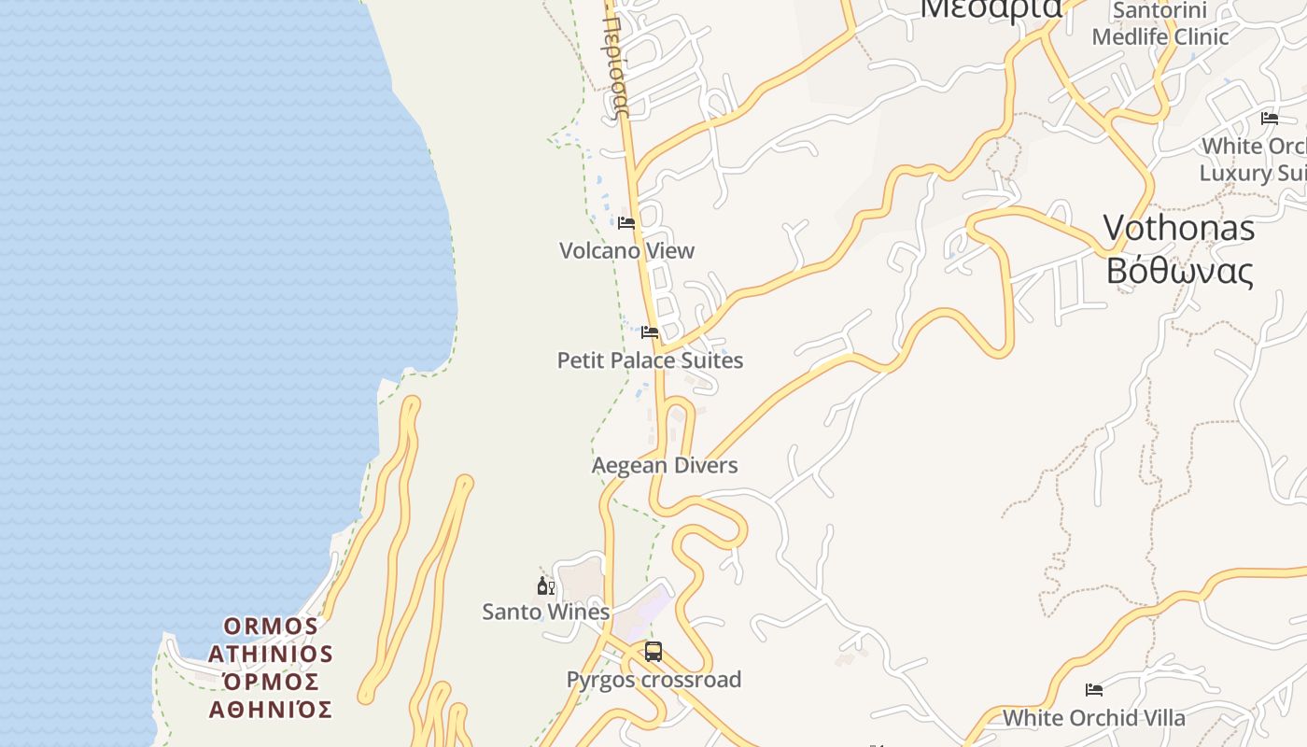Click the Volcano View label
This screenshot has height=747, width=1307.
(x=626, y=250)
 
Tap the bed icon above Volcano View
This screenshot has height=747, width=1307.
(x=626, y=223)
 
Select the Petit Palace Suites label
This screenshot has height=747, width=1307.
(x=650, y=360)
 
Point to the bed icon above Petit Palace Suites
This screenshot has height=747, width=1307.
(x=650, y=332)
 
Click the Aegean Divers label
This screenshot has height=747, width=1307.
(x=665, y=465)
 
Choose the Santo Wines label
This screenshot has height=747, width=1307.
(x=545, y=612)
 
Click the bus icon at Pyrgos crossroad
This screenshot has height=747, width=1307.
(x=653, y=652)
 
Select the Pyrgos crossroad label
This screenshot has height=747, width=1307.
(x=653, y=680)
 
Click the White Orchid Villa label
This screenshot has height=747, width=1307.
(x=1093, y=718)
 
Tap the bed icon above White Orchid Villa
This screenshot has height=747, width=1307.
(x=1094, y=690)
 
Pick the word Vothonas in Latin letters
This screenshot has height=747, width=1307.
(x=1178, y=228)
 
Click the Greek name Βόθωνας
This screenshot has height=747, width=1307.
(x=1178, y=271)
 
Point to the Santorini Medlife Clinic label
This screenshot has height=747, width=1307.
(x=1159, y=24)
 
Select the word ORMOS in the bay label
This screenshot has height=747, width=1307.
(x=271, y=626)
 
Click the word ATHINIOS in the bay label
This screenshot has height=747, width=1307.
(x=271, y=654)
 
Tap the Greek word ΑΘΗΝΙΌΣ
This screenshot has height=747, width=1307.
(x=271, y=710)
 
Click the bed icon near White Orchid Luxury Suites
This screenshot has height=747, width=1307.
(x=1270, y=119)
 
